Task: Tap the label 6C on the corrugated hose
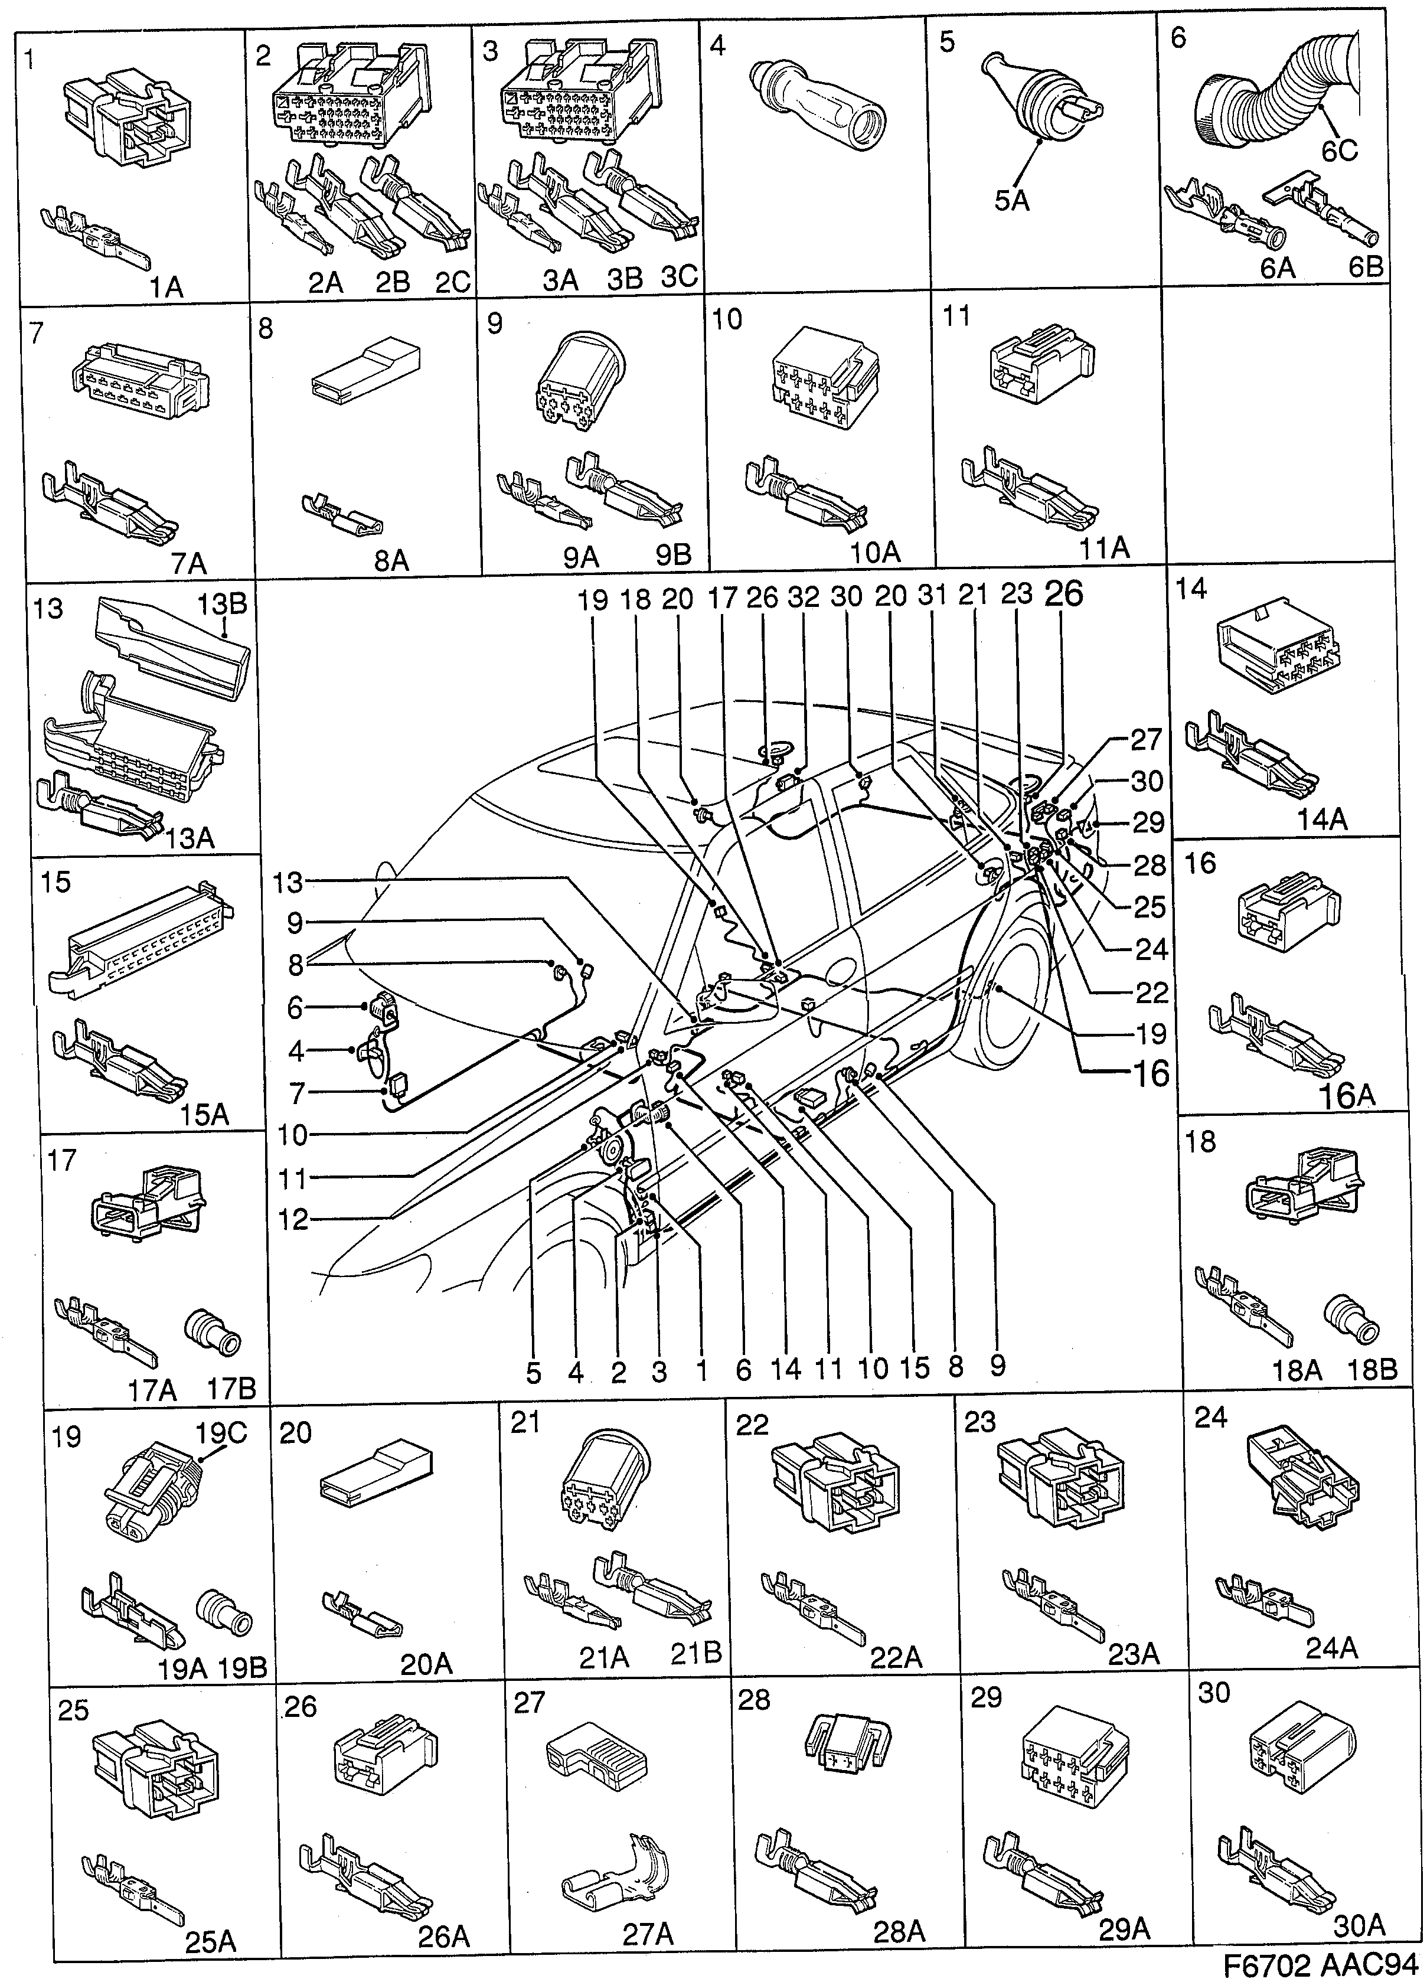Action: (1339, 151)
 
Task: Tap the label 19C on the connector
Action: (221, 1432)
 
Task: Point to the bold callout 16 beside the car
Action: (1149, 1073)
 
